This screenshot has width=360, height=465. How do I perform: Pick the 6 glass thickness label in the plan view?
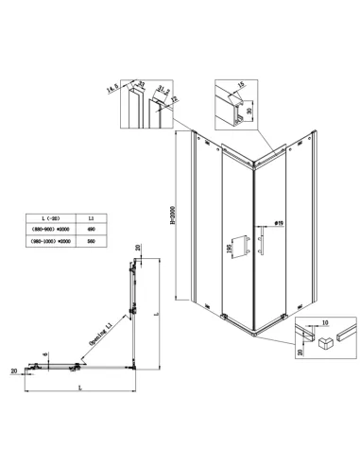pos(43,353)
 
